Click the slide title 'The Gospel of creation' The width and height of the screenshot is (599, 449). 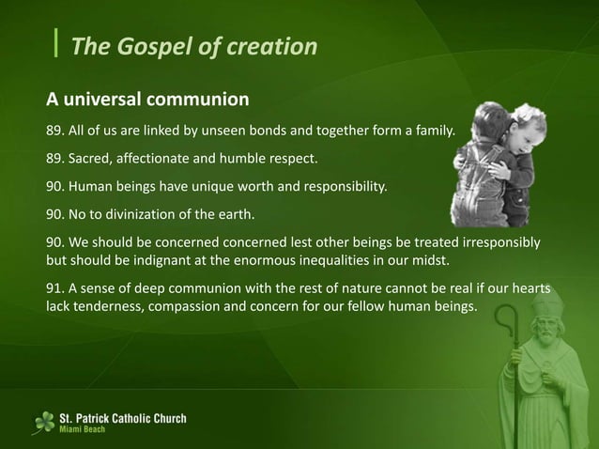pyautogui.click(x=194, y=46)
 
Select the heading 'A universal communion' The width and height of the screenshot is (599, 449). pyautogui.click(x=147, y=98)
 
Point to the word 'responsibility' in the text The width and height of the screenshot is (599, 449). pyautogui.click(x=342, y=186)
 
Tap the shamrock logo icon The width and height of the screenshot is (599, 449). pyautogui.click(x=43, y=423)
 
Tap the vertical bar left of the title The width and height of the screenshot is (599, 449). pyautogui.click(x=57, y=44)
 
